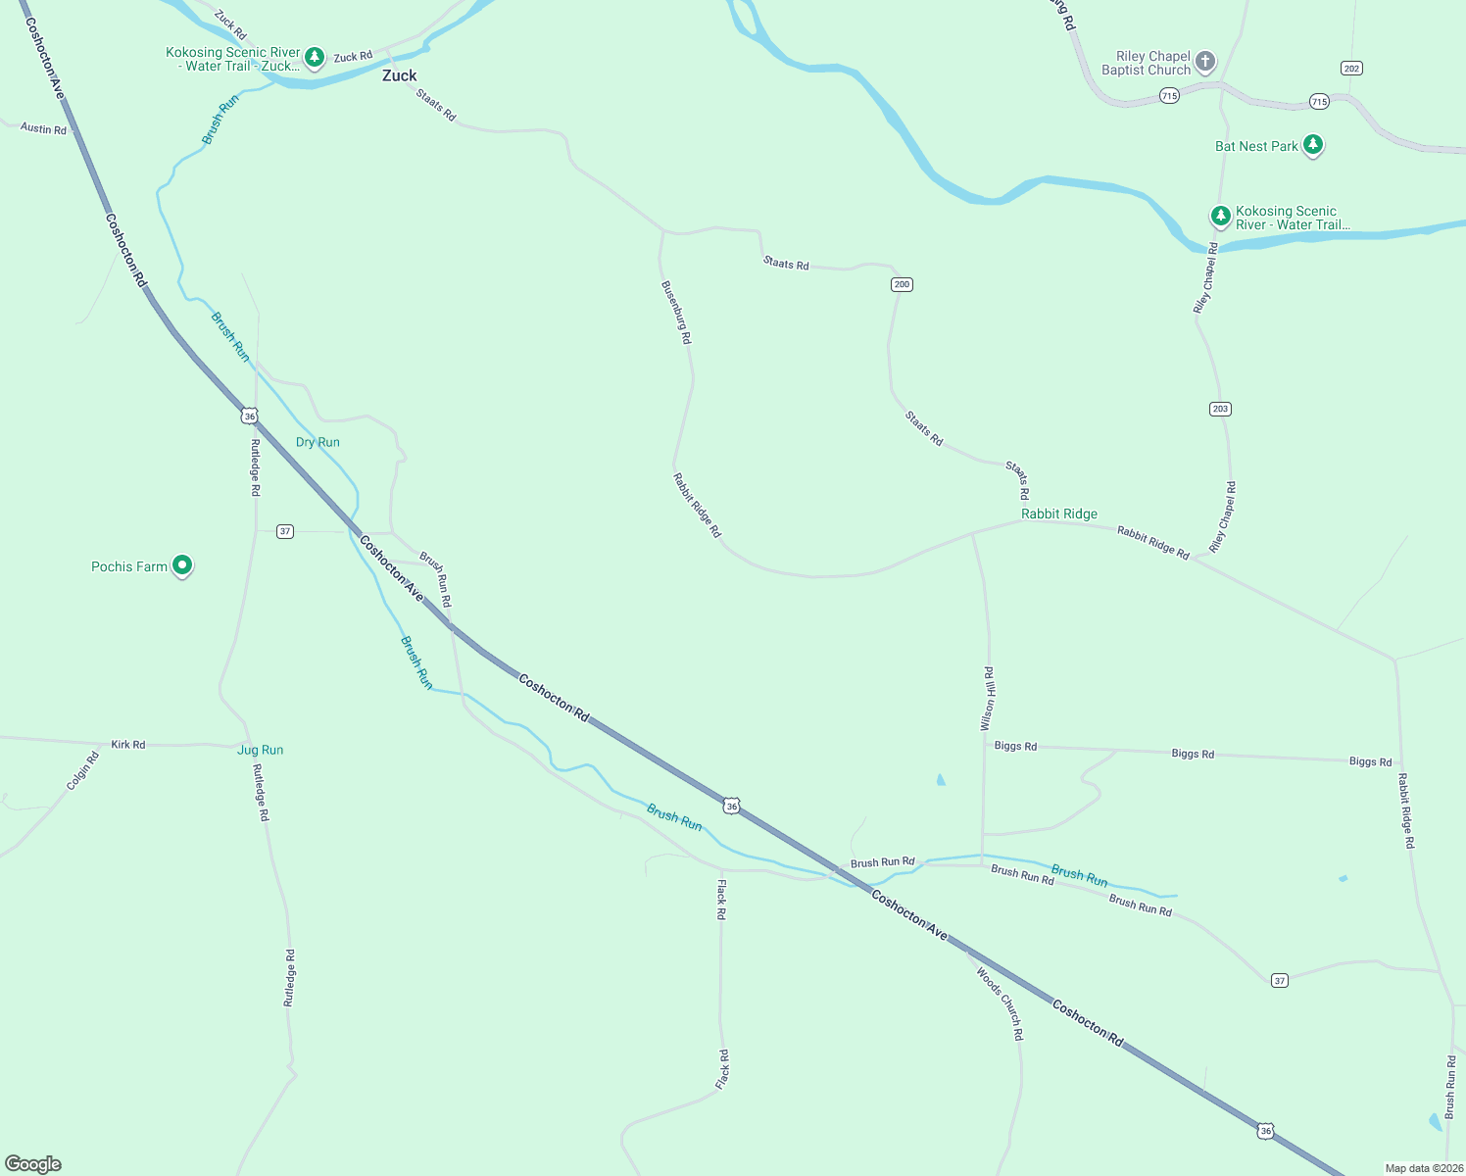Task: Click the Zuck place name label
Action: tap(399, 75)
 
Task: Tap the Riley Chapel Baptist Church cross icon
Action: tap(1205, 62)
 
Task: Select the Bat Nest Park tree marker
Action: tap(1313, 145)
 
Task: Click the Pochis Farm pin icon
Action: tap(181, 565)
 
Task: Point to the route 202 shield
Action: tap(1351, 68)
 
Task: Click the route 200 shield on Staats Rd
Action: tap(902, 284)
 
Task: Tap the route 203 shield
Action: tap(1220, 409)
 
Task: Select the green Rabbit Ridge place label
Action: tap(1059, 514)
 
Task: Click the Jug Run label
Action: tap(260, 750)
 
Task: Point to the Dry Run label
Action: tap(318, 442)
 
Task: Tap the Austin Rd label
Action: tap(43, 128)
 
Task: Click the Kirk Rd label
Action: tap(128, 745)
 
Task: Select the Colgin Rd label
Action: tap(83, 771)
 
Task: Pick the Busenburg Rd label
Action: tap(676, 313)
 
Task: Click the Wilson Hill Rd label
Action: tap(988, 699)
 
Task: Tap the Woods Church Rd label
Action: tap(1001, 1004)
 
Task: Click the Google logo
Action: tap(33, 1164)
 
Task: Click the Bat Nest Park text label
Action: tap(1256, 146)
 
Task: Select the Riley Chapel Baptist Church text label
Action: tap(1146, 63)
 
